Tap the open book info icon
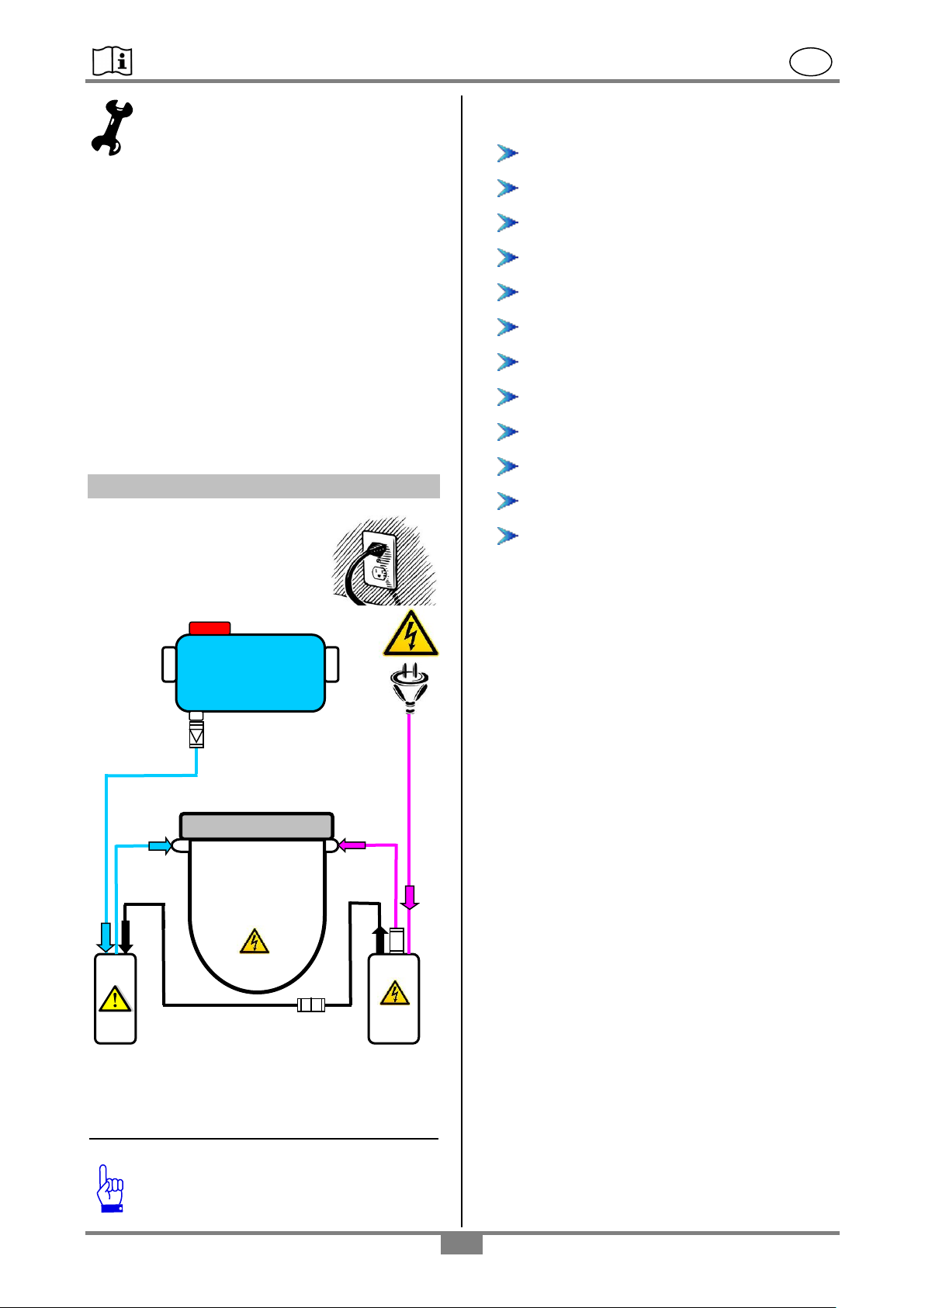coord(113,61)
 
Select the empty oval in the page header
coord(811,62)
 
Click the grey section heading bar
coord(263,486)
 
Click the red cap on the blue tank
coord(210,627)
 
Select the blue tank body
coord(250,672)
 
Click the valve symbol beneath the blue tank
coord(196,734)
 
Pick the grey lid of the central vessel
coord(256,826)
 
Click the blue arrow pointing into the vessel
coord(160,846)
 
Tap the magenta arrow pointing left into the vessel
coord(352,845)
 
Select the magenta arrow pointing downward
coord(410,897)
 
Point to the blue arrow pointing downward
coord(106,936)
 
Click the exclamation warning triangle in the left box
coord(115,998)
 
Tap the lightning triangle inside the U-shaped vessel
coord(254,942)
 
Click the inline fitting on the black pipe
coord(311,1006)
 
